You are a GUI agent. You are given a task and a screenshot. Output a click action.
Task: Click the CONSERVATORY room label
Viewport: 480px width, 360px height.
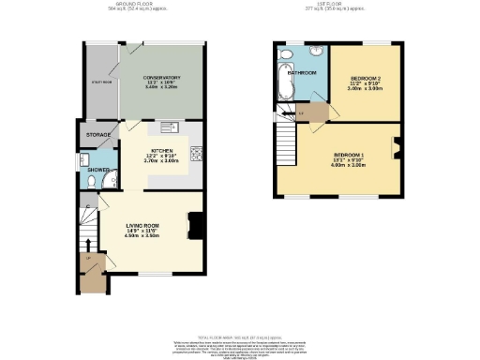(x=161, y=77)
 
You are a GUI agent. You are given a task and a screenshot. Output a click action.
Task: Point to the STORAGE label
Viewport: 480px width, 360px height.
(x=97, y=135)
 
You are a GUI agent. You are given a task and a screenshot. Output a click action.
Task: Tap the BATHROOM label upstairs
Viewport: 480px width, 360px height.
(x=302, y=72)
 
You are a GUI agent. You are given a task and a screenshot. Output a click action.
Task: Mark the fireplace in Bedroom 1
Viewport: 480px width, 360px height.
(x=397, y=144)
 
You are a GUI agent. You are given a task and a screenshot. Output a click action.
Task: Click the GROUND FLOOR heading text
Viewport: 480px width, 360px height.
(x=145, y=5)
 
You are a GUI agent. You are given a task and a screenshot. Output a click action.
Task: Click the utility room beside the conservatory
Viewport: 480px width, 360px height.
(x=99, y=82)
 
